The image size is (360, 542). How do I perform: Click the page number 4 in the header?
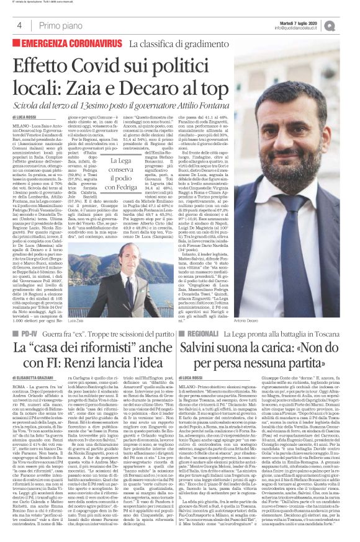click(x=19, y=25)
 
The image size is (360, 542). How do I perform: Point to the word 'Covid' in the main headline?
click(x=99, y=65)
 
